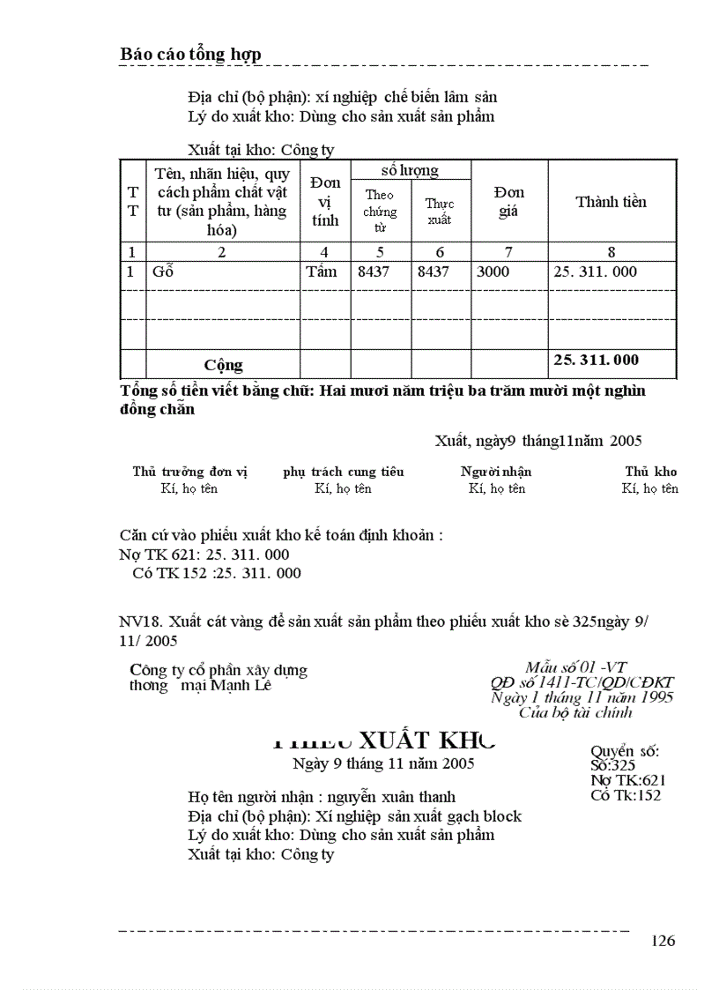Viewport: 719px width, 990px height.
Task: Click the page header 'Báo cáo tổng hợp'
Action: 190,55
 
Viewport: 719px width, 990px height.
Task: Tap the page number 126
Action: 663,941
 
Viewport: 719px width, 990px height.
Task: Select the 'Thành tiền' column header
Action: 611,202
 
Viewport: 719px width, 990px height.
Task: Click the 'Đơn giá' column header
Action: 508,202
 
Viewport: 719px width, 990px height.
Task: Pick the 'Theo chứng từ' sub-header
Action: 380,211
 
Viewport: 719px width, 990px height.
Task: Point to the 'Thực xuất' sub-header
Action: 439,211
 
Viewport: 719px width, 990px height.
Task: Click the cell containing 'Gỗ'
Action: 162,272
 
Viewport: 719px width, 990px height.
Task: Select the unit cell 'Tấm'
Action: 322,272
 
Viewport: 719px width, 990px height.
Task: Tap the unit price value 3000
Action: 493,272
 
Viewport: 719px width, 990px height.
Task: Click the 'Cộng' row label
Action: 223,364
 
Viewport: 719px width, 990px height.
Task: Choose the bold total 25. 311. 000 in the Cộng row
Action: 596,360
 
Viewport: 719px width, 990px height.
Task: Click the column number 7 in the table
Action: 508,251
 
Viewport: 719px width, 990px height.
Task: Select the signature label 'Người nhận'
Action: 496,472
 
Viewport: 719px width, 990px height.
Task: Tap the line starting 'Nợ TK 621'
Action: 204,555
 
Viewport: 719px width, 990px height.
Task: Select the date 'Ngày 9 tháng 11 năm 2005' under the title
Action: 383,763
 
